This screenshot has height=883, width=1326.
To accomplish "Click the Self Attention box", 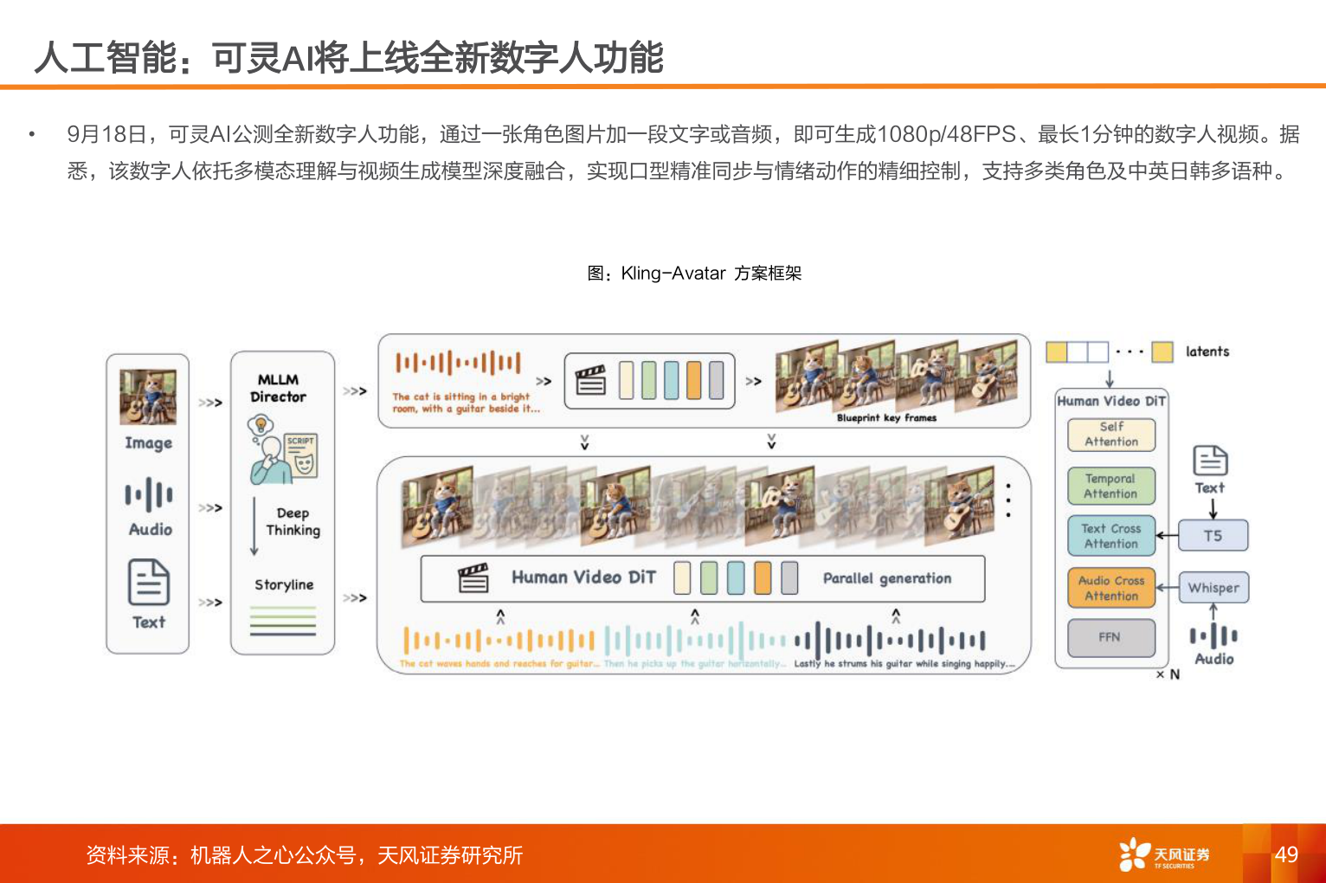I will pyautogui.click(x=1111, y=435).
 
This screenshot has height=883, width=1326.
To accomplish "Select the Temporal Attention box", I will pyautogui.click(x=1111, y=487).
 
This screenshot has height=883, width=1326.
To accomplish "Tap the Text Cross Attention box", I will pyautogui.click(x=1111, y=536).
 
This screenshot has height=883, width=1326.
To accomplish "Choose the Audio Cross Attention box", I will pyautogui.click(x=1111, y=588).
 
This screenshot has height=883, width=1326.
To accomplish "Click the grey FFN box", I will pyautogui.click(x=1110, y=637).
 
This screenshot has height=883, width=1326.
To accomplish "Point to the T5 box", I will pyautogui.click(x=1213, y=536).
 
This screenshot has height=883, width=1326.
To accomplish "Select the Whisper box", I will pyautogui.click(x=1213, y=588).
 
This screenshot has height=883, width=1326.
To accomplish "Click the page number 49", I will pyautogui.click(x=1286, y=854).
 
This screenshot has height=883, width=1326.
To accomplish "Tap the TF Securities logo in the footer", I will pyautogui.click(x=1164, y=854).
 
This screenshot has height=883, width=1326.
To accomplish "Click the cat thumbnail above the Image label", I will pyautogui.click(x=148, y=396).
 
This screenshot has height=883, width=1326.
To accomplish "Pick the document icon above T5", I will pyautogui.click(x=1210, y=461).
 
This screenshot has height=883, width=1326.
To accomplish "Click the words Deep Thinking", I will pyautogui.click(x=293, y=522).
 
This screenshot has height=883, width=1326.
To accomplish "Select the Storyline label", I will pyautogui.click(x=284, y=585).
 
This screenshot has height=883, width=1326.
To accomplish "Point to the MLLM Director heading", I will pyautogui.click(x=278, y=388).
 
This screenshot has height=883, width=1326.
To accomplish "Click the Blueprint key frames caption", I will pyautogui.click(x=886, y=418).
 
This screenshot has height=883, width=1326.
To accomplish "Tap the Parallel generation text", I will pyautogui.click(x=887, y=578).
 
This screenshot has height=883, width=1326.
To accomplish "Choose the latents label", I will pyautogui.click(x=1207, y=351).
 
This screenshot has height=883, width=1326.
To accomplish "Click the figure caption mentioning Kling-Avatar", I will pyautogui.click(x=694, y=274).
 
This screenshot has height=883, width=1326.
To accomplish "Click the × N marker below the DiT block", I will pyautogui.click(x=1168, y=674).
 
